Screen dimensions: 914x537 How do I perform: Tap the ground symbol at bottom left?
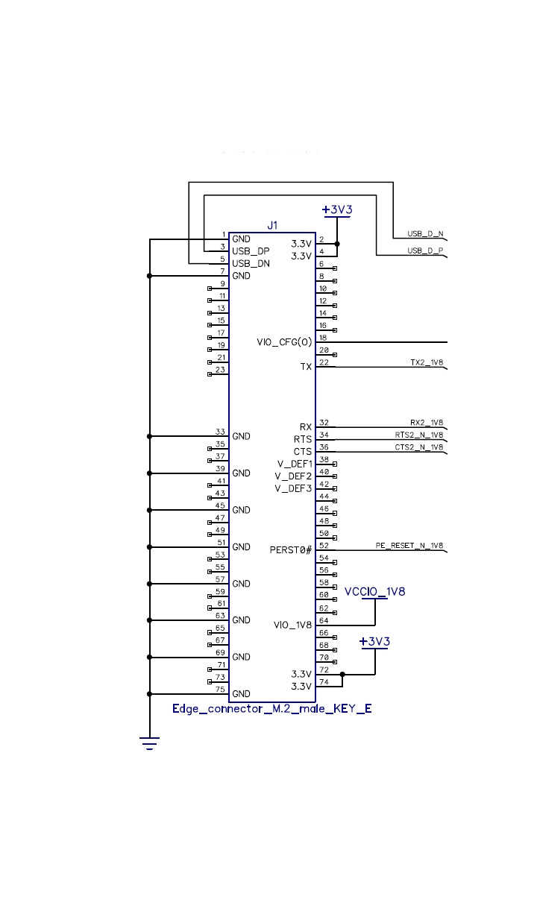click(150, 743)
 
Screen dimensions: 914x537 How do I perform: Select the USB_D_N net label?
click(425, 233)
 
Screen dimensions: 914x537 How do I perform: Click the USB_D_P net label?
click(425, 251)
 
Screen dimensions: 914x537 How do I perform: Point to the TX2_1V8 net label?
click(427, 362)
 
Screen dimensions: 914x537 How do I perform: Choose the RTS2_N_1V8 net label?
click(419, 435)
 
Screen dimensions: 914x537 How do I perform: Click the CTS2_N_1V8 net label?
click(419, 447)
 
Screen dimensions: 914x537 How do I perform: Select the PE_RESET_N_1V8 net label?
click(409, 546)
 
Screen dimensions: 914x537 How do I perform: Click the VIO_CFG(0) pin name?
click(283, 342)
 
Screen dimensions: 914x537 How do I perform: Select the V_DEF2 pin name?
click(293, 476)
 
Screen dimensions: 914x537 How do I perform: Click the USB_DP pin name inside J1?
click(251, 251)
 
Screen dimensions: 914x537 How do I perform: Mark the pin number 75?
click(221, 689)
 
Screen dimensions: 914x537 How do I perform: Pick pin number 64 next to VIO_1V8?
click(324, 620)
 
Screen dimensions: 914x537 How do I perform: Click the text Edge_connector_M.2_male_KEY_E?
click(272, 709)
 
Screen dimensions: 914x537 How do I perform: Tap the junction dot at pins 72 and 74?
click(342, 675)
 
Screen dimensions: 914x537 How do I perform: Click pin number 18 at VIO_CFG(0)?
click(323, 338)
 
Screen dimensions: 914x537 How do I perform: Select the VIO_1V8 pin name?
click(292, 625)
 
